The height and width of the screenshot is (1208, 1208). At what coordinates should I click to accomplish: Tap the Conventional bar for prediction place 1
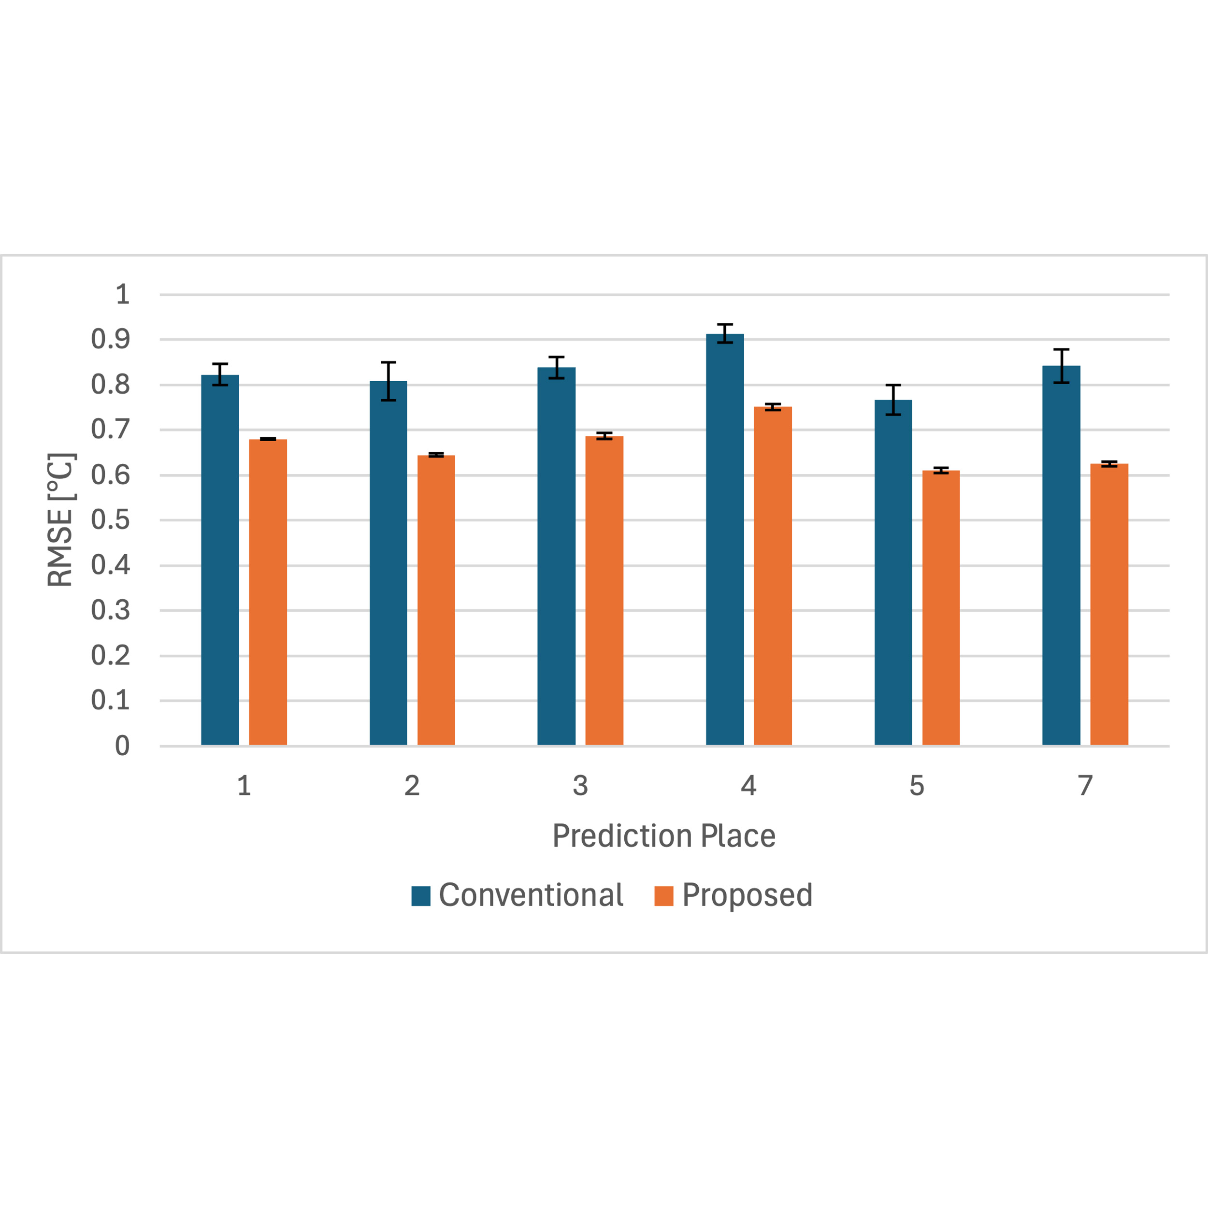click(x=220, y=560)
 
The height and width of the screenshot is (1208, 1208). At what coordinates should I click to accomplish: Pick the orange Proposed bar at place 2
click(x=436, y=600)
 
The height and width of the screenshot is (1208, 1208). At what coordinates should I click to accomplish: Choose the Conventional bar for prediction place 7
click(x=1061, y=555)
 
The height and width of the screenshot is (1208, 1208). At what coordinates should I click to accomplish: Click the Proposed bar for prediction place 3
click(x=604, y=590)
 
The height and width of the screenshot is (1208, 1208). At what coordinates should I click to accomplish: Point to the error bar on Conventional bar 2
click(x=388, y=381)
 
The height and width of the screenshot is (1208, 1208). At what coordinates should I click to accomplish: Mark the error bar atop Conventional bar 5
click(x=893, y=400)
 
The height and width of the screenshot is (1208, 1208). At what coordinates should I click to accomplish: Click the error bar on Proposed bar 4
click(x=773, y=407)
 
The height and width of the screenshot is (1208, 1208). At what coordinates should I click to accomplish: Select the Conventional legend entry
click(x=517, y=895)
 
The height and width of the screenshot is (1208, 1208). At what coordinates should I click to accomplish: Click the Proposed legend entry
click(x=733, y=895)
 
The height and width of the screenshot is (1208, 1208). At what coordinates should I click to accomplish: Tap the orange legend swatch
click(x=663, y=896)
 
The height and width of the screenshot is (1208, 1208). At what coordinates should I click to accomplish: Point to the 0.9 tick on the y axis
click(x=111, y=340)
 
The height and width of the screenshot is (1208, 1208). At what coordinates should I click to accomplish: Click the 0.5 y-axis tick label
click(x=111, y=519)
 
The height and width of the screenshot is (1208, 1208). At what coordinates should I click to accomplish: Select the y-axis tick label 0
click(x=123, y=745)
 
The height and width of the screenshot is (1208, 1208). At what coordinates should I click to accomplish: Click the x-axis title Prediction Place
click(x=664, y=836)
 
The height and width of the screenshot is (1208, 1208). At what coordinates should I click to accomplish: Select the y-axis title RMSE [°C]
click(x=61, y=519)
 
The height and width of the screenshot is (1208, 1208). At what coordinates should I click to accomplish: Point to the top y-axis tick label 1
click(x=123, y=294)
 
